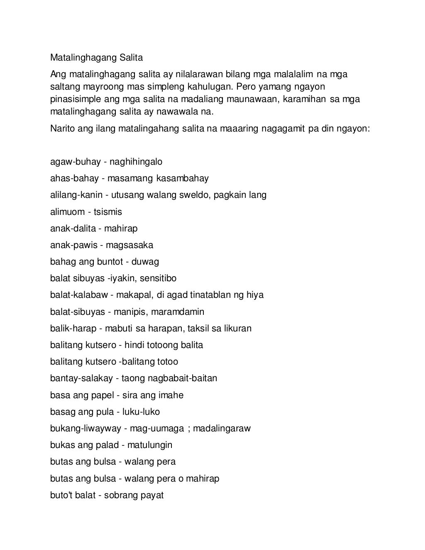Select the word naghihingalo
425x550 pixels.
(136, 162)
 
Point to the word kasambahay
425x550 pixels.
(183, 178)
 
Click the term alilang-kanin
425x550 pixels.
(76, 195)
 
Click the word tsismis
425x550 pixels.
(108, 212)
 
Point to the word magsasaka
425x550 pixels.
(129, 245)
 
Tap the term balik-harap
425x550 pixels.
(73, 329)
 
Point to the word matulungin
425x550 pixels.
(149, 445)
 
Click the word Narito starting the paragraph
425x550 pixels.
(63, 129)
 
